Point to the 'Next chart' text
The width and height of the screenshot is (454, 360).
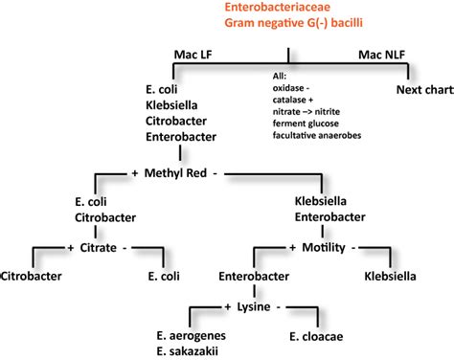421,89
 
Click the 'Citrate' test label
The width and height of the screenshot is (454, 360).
101,247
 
